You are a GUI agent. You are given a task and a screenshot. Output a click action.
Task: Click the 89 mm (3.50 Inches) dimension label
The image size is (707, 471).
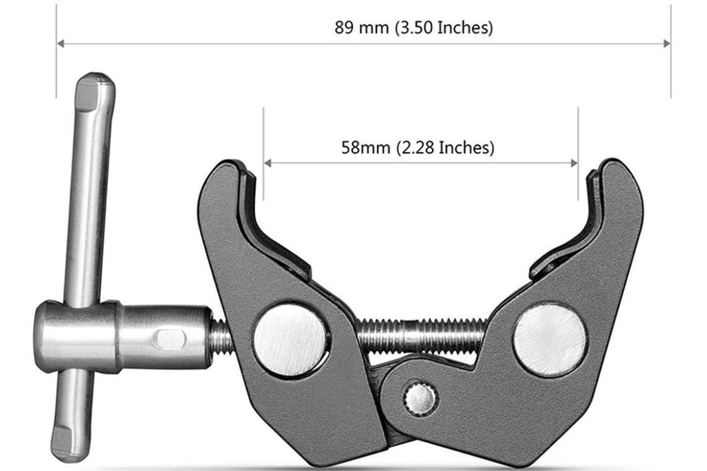click(414, 28)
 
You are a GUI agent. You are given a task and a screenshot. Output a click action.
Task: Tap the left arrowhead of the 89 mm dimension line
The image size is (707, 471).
click(61, 44)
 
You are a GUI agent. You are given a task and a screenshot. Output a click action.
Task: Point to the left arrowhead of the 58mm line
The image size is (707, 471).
click(267, 162)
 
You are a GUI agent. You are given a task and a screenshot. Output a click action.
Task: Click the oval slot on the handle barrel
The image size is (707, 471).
click(169, 339)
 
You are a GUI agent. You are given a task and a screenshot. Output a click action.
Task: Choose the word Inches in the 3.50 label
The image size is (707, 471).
click(464, 28)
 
